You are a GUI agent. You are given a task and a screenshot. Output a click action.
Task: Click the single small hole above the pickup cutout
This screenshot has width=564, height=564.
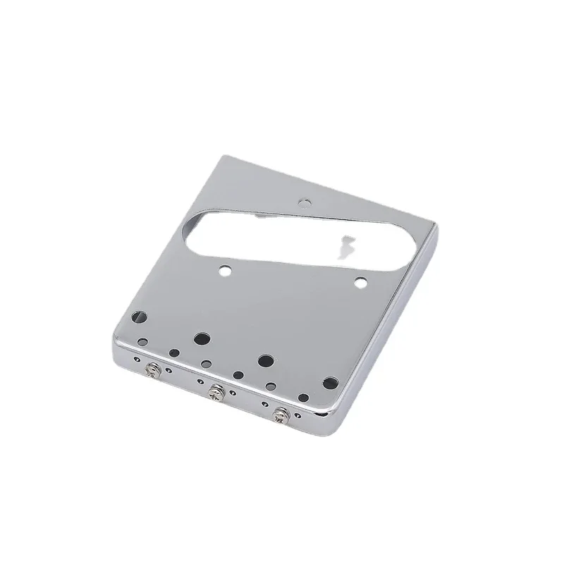click(305, 202)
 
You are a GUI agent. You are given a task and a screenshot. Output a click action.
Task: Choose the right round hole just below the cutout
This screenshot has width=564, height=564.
click(361, 283)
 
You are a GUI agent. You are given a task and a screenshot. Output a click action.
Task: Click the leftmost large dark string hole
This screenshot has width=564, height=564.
click(139, 317)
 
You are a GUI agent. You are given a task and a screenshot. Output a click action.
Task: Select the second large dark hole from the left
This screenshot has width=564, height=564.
click(202, 338)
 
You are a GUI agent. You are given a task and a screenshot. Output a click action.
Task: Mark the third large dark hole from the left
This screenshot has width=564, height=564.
click(265, 361)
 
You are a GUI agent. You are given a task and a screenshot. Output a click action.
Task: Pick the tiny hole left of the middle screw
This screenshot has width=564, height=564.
click(200, 383)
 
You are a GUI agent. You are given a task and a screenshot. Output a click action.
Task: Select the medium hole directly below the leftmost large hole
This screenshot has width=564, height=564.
click(143, 343)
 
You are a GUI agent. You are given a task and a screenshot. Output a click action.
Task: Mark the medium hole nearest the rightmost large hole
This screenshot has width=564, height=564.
click(303, 398)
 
